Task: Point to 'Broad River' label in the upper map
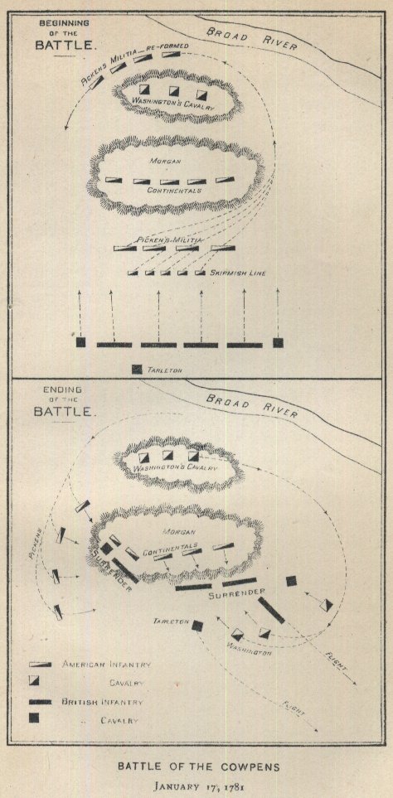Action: click(x=251, y=37)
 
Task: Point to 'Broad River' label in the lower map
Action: click(x=250, y=404)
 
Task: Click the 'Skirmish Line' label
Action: click(x=238, y=273)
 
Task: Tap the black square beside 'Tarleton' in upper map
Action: click(x=137, y=370)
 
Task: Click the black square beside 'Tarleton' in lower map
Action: click(x=197, y=626)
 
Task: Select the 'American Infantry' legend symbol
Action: click(x=41, y=665)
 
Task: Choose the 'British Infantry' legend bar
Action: click(x=41, y=702)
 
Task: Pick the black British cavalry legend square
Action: click(x=34, y=718)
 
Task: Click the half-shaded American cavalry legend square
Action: click(x=34, y=681)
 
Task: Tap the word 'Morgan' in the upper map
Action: click(x=163, y=161)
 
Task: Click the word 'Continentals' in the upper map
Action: click(x=174, y=191)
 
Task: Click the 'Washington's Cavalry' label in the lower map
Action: click(x=176, y=468)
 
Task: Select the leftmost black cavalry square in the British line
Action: click(x=80, y=342)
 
